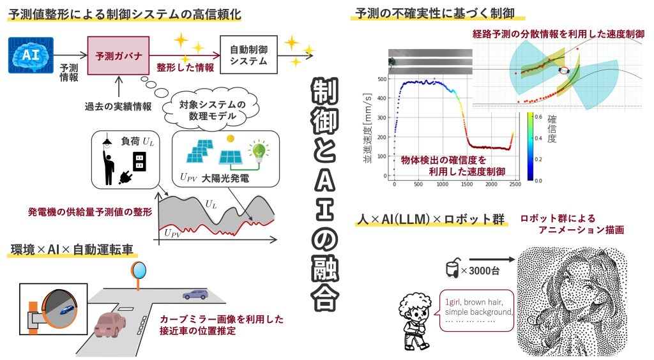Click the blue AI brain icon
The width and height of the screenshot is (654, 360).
pos(31,55)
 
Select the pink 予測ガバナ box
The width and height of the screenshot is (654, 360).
pos(118,56)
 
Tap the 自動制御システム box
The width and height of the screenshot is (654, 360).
pos(248,55)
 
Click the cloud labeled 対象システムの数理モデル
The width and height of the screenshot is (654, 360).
pos(211,110)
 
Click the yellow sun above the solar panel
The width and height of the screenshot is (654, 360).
pos(230,139)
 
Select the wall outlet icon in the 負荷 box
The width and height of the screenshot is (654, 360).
pos(139,161)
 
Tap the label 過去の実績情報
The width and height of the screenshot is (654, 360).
pos(118,107)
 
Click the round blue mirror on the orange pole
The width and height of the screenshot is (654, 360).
pos(139,270)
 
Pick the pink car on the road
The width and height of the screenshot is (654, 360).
pos(110,324)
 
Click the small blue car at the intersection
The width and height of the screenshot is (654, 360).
pos(195,295)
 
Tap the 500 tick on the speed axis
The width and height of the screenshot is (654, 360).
pos(382,79)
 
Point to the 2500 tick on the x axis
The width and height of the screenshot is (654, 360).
pos(515,184)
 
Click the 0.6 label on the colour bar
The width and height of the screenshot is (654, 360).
pos(538,117)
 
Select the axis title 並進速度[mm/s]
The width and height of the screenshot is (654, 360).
pos(367,128)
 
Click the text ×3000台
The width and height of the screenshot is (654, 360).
pos(480,271)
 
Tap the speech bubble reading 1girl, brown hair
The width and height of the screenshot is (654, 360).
pos(476,310)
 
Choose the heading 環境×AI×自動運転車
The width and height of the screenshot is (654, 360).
pos(72,250)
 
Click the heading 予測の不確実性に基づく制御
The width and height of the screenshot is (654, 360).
pos(434,13)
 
